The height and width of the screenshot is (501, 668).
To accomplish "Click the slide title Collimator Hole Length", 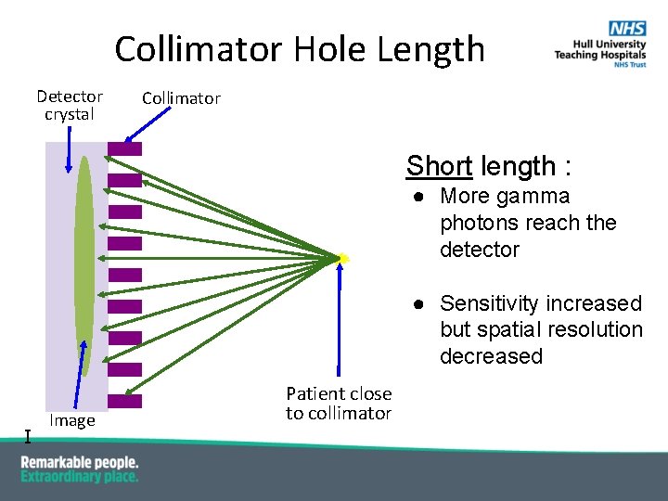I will [300, 48].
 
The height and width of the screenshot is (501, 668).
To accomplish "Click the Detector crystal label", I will [70, 105].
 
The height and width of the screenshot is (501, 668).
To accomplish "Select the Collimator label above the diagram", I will [181, 98].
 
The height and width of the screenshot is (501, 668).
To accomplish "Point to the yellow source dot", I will [342, 258].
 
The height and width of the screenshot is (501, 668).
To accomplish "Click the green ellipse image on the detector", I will [84, 264].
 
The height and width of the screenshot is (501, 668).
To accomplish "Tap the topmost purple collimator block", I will [124, 148].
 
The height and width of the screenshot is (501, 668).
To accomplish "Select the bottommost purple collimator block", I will [124, 402].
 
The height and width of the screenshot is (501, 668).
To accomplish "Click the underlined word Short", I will [439, 166].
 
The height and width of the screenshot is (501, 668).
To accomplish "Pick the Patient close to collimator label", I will [339, 404].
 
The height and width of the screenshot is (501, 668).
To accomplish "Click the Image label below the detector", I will [72, 420].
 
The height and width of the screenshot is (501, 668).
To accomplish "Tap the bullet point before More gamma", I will [419, 197].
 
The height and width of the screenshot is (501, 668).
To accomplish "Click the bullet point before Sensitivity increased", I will [419, 304].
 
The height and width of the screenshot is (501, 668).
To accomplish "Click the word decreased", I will [491, 356].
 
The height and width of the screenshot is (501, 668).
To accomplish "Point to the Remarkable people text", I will [80, 462].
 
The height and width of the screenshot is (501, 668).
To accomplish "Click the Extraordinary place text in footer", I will [80, 476].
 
